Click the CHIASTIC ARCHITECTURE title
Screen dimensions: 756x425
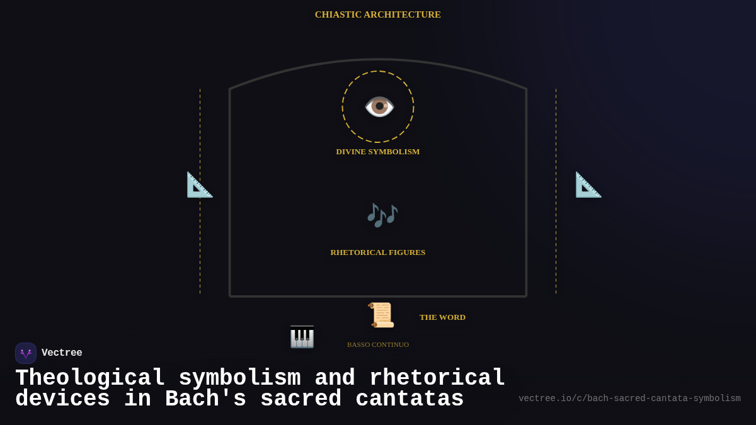pyautogui.click(x=378, y=14)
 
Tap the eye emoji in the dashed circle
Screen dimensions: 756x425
pyautogui.click(x=379, y=106)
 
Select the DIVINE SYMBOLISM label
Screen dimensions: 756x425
pyautogui.click(x=377, y=152)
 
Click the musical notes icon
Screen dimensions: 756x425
pyautogui.click(x=382, y=215)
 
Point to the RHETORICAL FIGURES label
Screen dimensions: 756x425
pyautogui.click(x=377, y=252)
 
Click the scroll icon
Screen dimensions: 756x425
pyautogui.click(x=381, y=315)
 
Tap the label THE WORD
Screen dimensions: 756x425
pyautogui.click(x=442, y=317)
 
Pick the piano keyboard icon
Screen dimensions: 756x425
pyautogui.click(x=302, y=337)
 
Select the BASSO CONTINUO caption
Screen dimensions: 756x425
pyautogui.click(x=377, y=344)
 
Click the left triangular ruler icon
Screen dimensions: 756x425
pyautogui.click(x=200, y=184)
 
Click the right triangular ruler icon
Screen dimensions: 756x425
pyautogui.click(x=588, y=184)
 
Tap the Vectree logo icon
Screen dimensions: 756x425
pyautogui.click(x=26, y=353)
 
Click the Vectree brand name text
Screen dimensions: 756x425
pyautogui.click(x=62, y=353)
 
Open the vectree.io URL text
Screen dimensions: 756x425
pyautogui.click(x=629, y=399)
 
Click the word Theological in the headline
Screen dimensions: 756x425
pyautogui.click(x=90, y=378)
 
